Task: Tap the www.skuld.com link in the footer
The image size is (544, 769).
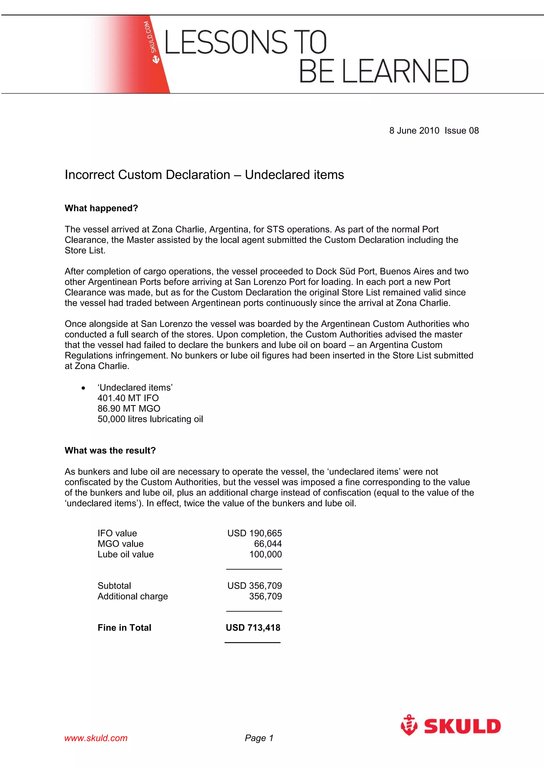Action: (x=96, y=738)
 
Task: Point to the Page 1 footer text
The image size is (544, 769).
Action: (x=259, y=738)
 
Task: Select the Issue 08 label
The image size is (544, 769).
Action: (x=462, y=131)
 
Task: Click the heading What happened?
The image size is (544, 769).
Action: (x=101, y=208)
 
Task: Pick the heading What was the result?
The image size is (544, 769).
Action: (x=110, y=450)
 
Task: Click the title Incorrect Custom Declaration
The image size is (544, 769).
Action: (x=147, y=175)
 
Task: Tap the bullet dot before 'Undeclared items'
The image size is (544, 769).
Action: (x=83, y=388)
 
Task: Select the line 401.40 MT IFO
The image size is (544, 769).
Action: (x=128, y=398)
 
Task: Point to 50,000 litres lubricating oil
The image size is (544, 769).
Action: (x=150, y=419)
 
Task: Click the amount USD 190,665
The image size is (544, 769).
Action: (x=254, y=533)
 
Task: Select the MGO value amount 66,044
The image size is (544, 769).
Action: (x=268, y=544)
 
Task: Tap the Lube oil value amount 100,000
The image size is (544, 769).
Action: (x=265, y=554)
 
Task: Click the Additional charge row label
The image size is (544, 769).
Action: (x=133, y=596)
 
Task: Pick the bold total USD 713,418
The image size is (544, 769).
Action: (x=253, y=628)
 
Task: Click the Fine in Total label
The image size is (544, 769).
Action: (x=124, y=628)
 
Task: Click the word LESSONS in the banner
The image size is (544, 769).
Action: (x=226, y=42)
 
